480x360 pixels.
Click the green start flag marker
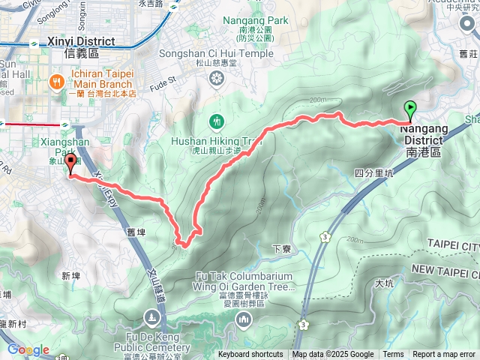410,109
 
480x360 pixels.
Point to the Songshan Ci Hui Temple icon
216,79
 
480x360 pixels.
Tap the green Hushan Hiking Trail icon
217,121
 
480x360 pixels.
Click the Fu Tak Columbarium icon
244,321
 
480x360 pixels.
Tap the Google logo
28,349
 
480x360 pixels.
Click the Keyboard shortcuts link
250,355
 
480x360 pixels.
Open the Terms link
393,355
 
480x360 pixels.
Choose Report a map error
445,355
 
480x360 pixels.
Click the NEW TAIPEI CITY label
445,268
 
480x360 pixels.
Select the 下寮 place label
280,248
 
